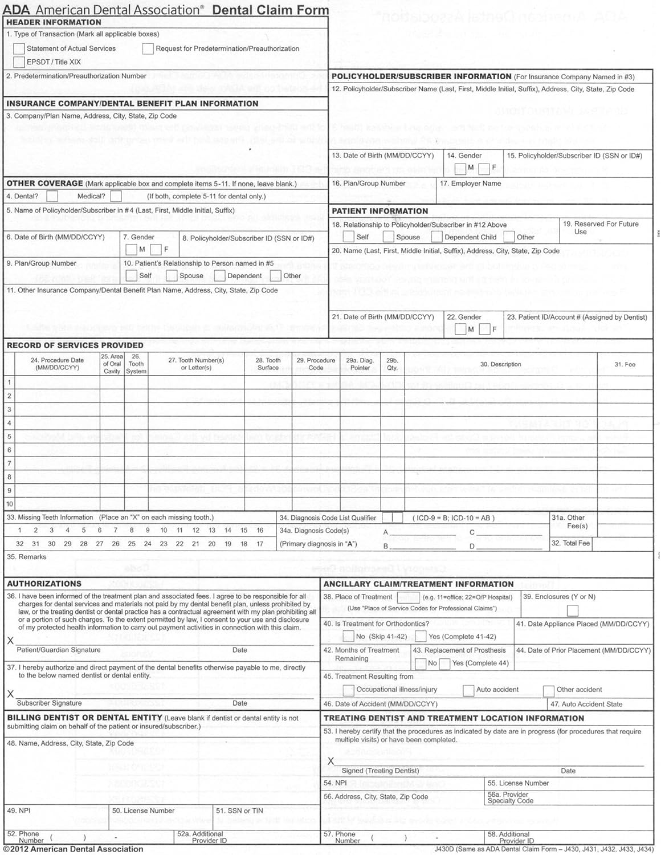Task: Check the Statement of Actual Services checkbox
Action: [19, 49]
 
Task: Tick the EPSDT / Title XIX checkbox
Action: [19, 62]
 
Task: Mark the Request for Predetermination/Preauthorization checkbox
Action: [148, 49]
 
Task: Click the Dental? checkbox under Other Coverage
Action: [52, 197]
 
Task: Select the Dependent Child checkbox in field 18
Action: [437, 237]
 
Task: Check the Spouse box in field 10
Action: [172, 276]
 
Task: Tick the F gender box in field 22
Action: [484, 329]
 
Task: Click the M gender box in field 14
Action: [460, 168]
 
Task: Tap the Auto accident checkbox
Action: [468, 690]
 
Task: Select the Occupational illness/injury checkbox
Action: [348, 690]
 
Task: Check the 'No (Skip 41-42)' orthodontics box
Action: [348, 637]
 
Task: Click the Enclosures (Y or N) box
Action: [573, 610]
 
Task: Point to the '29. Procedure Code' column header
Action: [316, 364]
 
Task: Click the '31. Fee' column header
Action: [625, 365]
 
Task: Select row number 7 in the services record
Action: [9, 463]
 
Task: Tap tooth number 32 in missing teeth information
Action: [20, 544]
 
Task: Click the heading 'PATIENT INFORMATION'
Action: [380, 211]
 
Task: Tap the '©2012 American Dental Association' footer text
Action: [73, 849]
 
